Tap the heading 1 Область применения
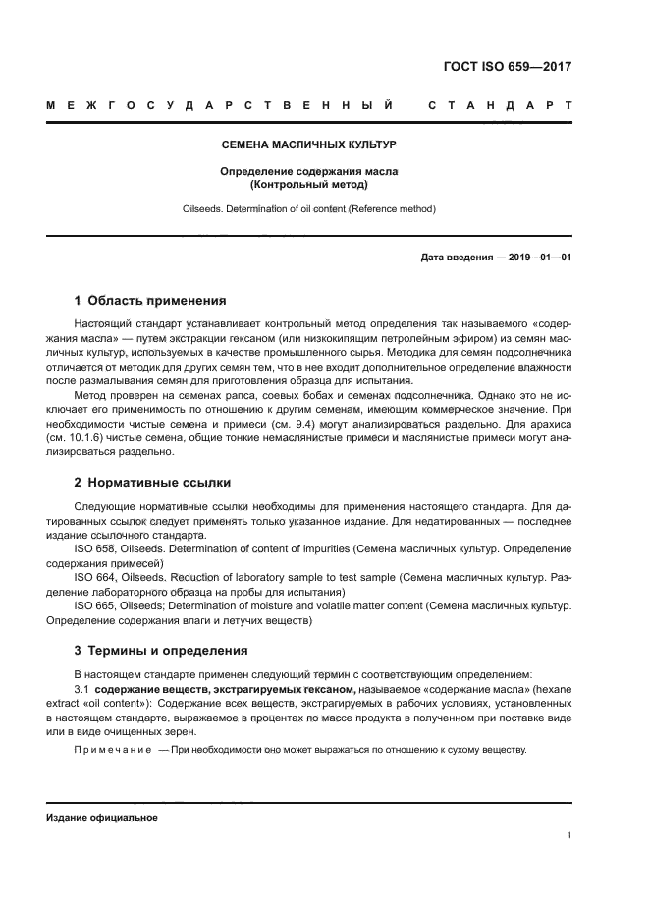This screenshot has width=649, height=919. (x=150, y=301)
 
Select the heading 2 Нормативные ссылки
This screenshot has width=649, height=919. (x=152, y=484)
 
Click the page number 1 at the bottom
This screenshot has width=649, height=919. (x=569, y=835)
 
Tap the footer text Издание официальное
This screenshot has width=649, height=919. (x=102, y=818)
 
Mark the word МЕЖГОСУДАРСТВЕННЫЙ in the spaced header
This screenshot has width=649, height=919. (x=220, y=104)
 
